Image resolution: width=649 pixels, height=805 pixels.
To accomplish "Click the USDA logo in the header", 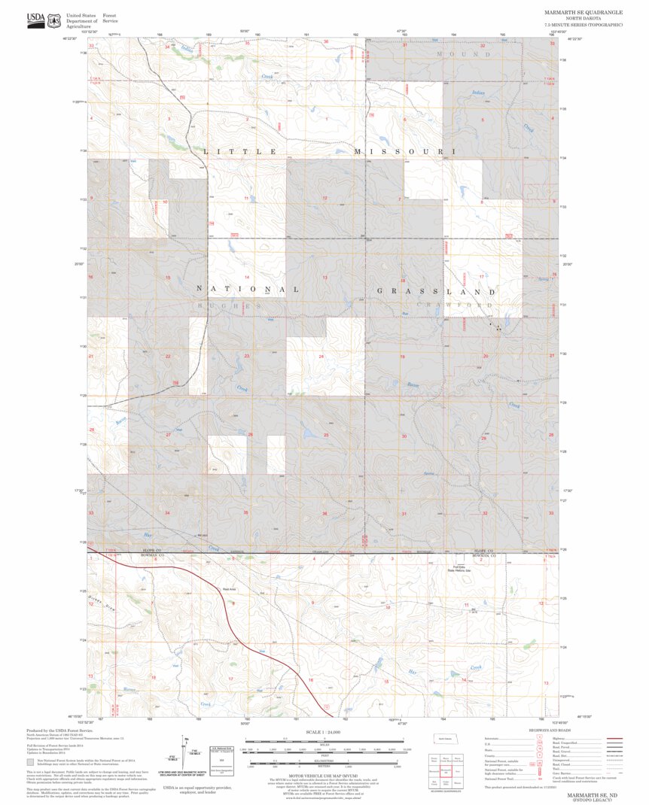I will (35, 20).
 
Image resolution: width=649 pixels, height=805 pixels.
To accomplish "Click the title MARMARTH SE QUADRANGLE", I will (583, 13).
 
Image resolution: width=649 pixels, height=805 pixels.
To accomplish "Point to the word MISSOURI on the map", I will (406, 152).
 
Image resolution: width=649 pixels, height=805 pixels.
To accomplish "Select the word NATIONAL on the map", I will (248, 289).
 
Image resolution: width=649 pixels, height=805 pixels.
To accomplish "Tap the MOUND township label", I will (464, 55).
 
